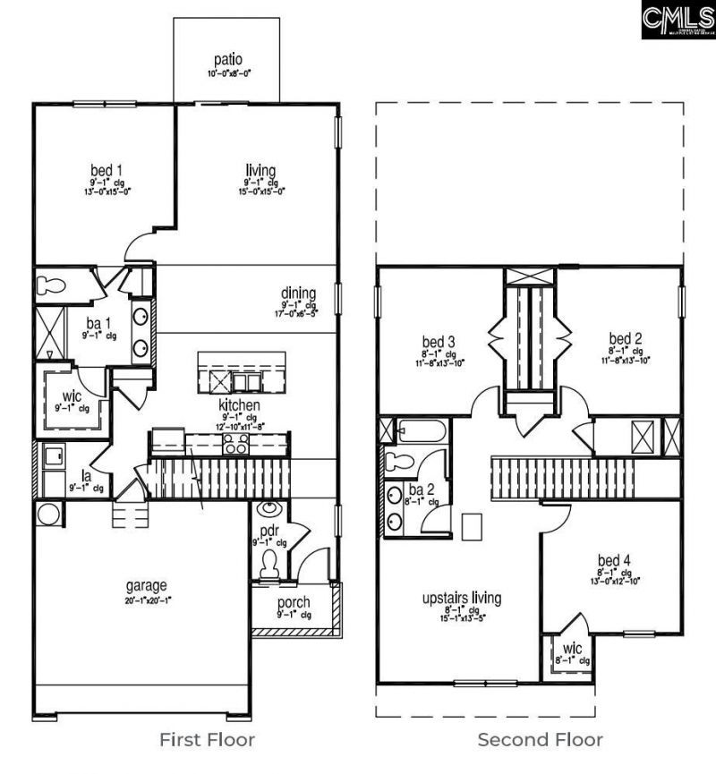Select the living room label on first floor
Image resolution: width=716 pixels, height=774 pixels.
260,170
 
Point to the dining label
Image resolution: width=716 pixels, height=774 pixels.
298,293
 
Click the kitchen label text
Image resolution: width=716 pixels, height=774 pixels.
240,405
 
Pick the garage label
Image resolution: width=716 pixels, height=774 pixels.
145,586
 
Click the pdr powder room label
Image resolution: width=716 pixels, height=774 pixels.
269,531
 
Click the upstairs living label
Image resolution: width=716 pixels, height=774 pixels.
462,599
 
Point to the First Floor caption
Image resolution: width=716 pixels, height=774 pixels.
207,740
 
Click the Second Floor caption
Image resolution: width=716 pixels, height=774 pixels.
540,740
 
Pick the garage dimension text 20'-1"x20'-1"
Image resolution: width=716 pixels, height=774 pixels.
145,600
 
